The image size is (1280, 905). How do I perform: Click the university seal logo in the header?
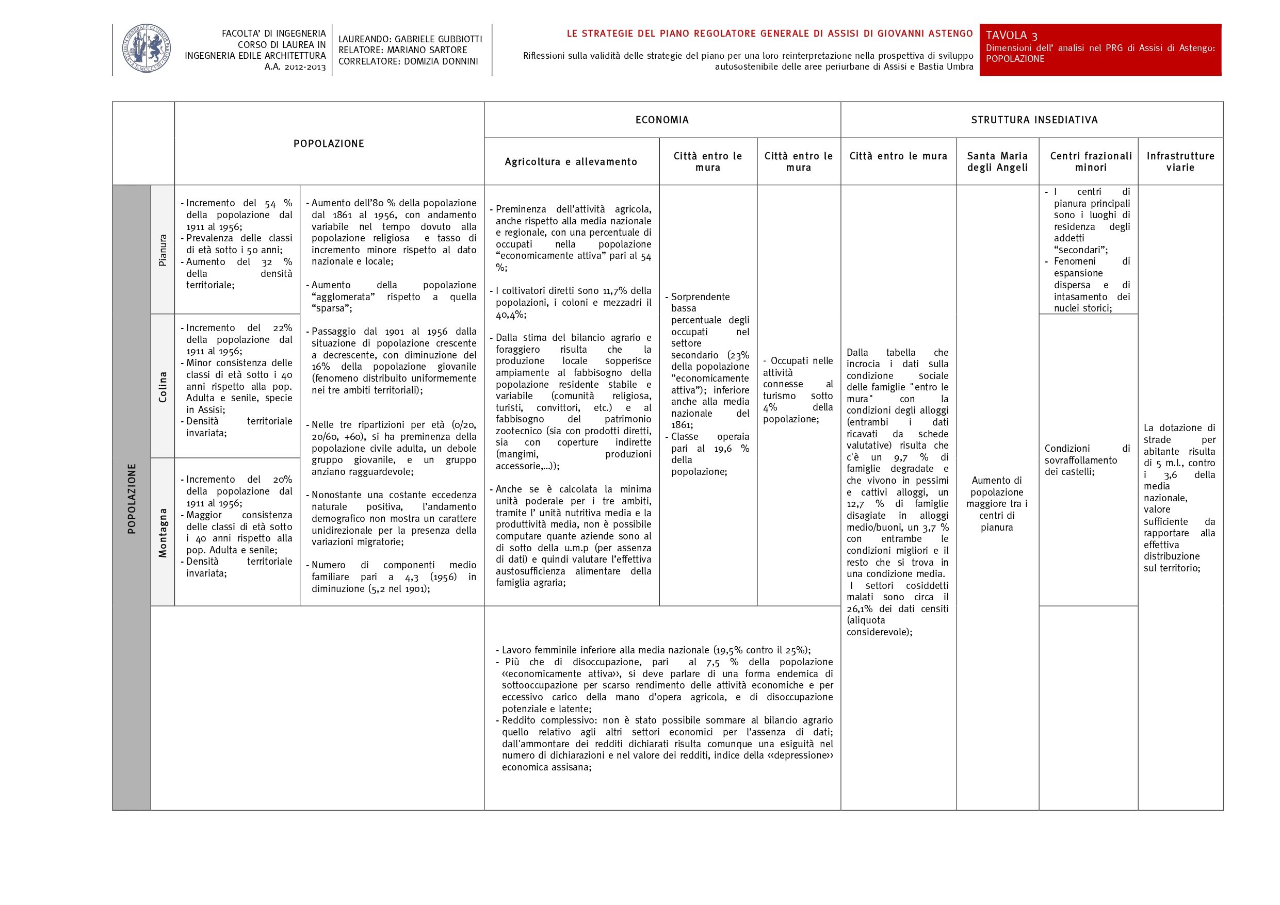coord(146,48)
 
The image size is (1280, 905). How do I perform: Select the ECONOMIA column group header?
coord(662,120)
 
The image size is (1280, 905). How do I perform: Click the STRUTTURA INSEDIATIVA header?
coord(1034,120)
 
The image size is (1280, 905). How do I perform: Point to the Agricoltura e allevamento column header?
coord(571,161)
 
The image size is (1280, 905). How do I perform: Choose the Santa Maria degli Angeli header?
coord(997,161)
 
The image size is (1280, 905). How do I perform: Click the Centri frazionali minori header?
coord(1091,161)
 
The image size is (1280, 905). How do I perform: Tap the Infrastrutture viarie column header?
coord(1180,161)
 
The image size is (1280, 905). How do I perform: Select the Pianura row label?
coord(162,250)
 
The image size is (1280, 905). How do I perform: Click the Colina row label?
coord(162,387)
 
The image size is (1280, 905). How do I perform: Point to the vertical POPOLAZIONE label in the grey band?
coord(132,498)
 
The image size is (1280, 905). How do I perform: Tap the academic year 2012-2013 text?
coord(295,67)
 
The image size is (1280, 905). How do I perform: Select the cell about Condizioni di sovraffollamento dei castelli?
coord(1087,460)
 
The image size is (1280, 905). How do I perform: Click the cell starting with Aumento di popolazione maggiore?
coord(997,503)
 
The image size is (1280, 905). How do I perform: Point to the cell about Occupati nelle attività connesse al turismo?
coord(798,389)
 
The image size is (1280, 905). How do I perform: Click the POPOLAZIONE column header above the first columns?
coord(329,143)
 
